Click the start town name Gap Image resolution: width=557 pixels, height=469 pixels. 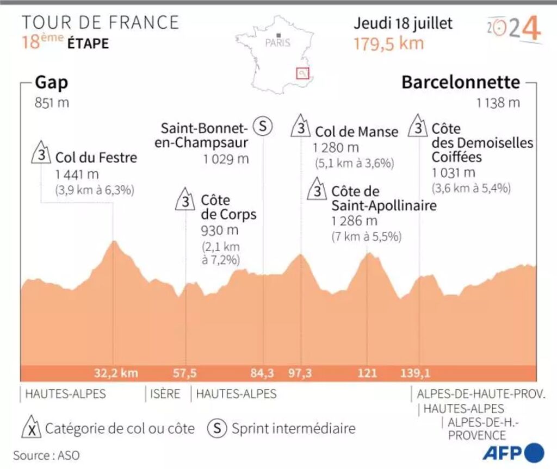pyautogui.click(x=52, y=83)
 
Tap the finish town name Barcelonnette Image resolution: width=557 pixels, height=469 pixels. pyautogui.click(x=460, y=83)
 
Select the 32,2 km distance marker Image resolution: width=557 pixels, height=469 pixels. pyautogui.click(x=116, y=373)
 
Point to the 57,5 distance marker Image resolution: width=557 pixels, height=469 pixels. pyautogui.click(x=185, y=373)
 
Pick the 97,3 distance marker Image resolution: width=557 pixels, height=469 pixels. pyautogui.click(x=300, y=373)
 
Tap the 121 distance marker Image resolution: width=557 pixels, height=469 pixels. pyautogui.click(x=367, y=373)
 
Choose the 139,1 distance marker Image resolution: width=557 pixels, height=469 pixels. pyautogui.click(x=420, y=373)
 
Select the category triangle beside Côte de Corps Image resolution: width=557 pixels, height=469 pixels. pyautogui.click(x=185, y=201)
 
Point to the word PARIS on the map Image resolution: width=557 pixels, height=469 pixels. pyautogui.click(x=278, y=43)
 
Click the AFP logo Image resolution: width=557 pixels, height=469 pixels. pyautogui.click(x=513, y=452)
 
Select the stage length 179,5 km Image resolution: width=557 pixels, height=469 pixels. pyautogui.click(x=388, y=43)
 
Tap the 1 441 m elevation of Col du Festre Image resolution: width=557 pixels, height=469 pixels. pyautogui.click(x=77, y=174)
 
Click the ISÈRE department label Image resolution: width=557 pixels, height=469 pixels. pyautogui.click(x=165, y=394)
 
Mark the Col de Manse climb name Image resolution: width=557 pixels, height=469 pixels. pyautogui.click(x=356, y=132)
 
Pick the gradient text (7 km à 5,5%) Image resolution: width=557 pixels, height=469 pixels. pyautogui.click(x=366, y=237)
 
